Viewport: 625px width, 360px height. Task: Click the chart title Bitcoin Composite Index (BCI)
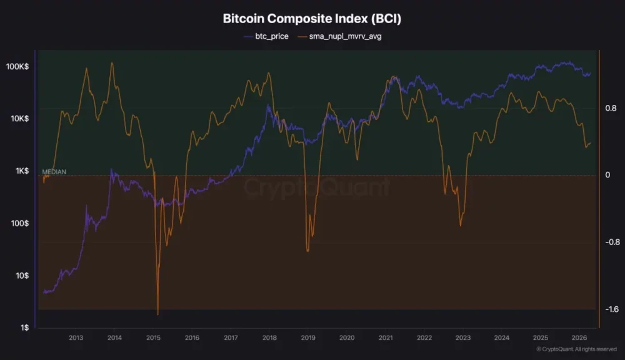312,19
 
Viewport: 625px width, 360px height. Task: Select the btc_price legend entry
267,37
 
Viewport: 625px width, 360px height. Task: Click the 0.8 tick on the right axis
611,108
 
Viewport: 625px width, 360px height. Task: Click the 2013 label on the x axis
76,337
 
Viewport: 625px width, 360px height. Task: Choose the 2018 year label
269,337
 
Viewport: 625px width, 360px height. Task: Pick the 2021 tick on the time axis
386,337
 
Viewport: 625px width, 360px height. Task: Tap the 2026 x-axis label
579,337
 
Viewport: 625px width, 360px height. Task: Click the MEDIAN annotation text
54,171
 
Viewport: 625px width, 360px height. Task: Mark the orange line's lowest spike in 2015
157,314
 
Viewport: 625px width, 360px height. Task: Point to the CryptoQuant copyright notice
576,349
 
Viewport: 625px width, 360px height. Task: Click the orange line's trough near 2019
307,251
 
